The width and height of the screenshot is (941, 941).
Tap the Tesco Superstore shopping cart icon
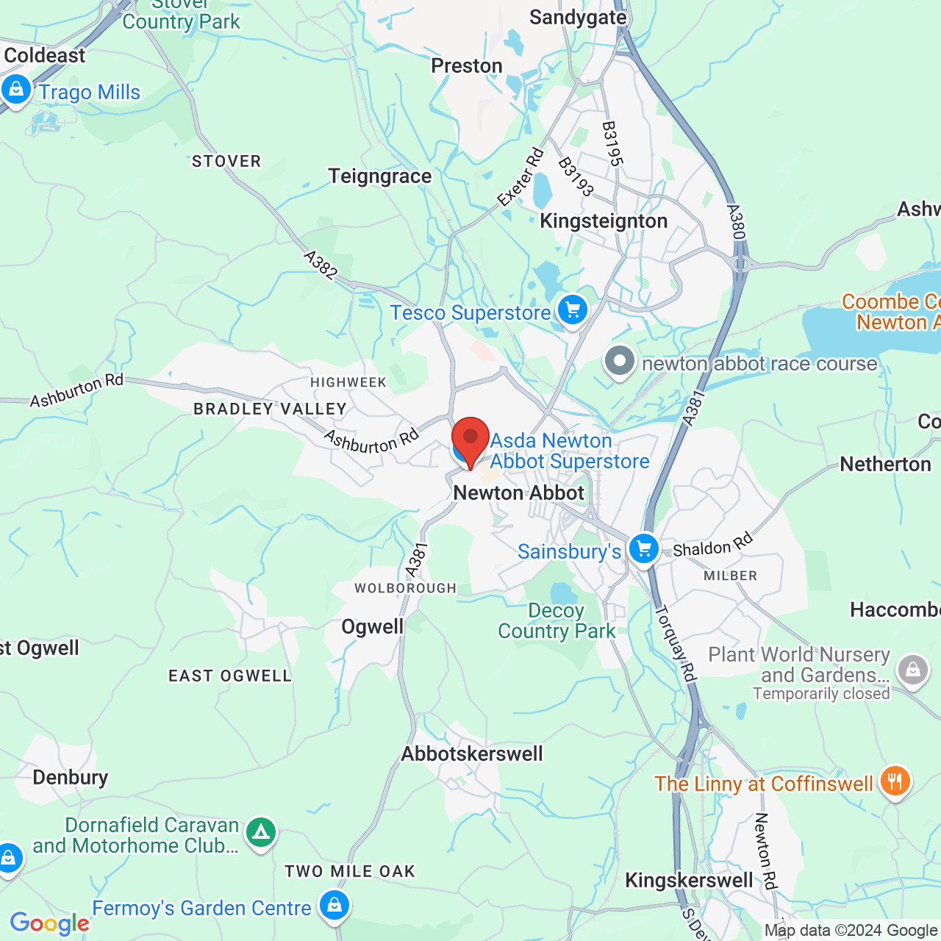572,310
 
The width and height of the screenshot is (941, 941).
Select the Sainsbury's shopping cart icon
644,548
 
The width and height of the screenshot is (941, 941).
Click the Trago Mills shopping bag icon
16,90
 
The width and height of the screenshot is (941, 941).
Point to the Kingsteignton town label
604,221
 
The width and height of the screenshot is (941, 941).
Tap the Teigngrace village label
379,176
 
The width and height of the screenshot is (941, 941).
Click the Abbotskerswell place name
472,754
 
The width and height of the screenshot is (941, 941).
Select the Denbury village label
71,777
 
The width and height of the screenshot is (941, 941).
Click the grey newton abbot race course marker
620,361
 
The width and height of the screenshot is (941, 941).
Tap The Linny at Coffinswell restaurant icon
894,781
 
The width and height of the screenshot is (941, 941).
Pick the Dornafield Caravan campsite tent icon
261,833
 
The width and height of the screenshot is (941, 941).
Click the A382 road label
321,265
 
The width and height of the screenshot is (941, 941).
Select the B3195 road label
612,144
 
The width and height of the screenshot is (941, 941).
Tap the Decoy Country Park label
557,621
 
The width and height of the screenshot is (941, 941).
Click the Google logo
49,923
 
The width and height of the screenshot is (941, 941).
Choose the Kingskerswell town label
689,880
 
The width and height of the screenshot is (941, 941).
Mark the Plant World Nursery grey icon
913,670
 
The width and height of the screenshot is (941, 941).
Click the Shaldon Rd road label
713,545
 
